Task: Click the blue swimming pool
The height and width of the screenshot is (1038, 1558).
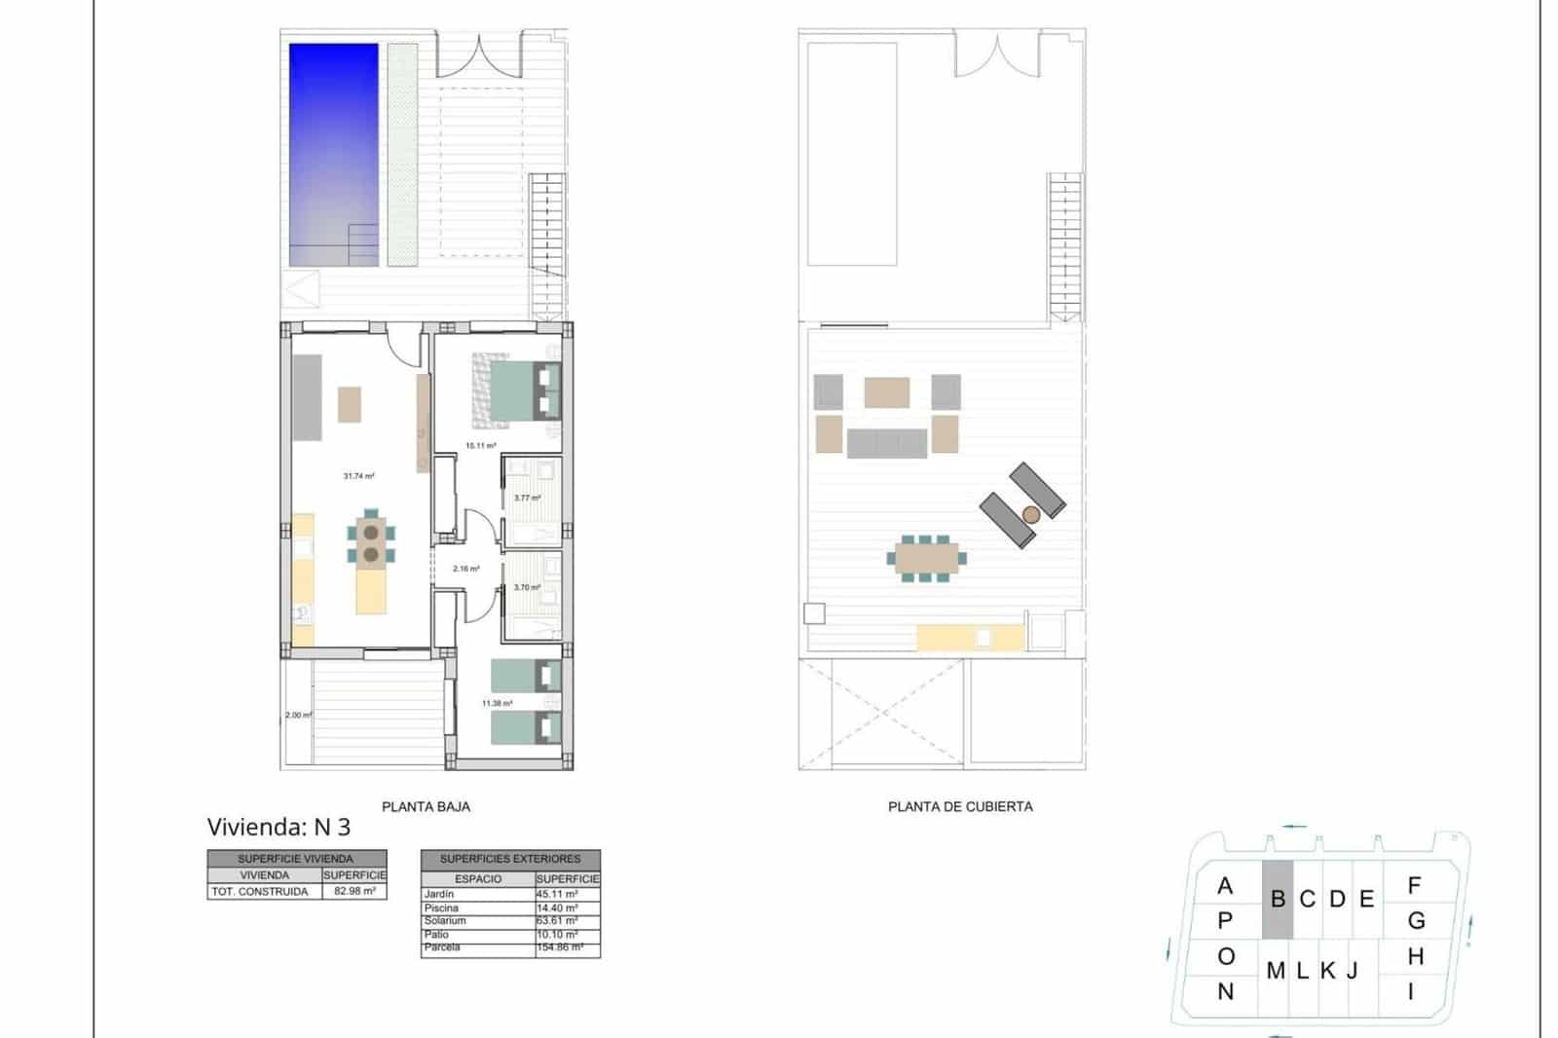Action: (x=333, y=154)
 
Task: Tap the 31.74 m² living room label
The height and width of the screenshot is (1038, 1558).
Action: (x=358, y=476)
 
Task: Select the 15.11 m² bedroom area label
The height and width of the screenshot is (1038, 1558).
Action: (x=480, y=446)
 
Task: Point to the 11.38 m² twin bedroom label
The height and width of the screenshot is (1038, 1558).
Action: (x=497, y=703)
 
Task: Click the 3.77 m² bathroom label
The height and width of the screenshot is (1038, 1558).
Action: (x=527, y=498)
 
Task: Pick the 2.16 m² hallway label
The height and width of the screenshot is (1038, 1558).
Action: (x=465, y=569)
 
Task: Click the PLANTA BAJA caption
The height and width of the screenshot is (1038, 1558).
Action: (x=426, y=806)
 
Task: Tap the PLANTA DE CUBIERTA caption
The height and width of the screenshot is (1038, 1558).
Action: (x=960, y=806)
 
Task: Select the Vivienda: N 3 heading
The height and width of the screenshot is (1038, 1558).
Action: (x=278, y=827)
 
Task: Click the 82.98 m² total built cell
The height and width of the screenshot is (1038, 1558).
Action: (x=354, y=891)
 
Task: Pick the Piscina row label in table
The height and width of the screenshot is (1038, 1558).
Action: (x=442, y=908)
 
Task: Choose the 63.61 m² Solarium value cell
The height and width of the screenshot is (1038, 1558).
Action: (x=557, y=920)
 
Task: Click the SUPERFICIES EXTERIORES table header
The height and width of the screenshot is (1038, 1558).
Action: (x=510, y=859)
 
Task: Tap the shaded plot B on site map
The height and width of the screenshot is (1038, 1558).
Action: (x=1278, y=900)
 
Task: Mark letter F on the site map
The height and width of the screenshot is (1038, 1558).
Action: (x=1414, y=885)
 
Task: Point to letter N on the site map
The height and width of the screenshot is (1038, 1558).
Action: (x=1225, y=991)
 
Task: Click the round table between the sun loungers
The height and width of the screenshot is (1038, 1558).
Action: (x=1031, y=514)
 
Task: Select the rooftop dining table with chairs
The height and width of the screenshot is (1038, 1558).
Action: (x=926, y=559)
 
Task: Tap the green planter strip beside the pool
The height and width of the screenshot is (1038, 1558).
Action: (x=402, y=154)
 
